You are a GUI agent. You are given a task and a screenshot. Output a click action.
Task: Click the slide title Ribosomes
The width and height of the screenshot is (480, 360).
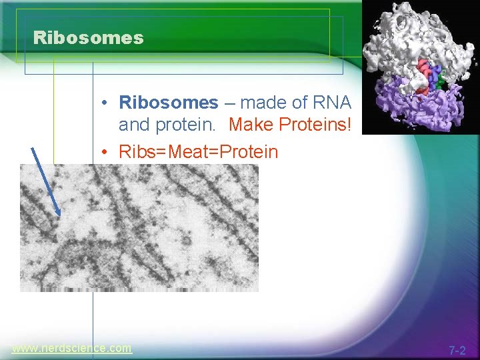pyautogui.click(x=88, y=38)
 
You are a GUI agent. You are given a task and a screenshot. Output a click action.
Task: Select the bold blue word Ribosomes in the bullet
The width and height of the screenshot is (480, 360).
pyautogui.click(x=168, y=103)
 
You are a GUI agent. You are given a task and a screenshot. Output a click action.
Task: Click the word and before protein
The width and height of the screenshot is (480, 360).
pyautogui.click(x=133, y=125)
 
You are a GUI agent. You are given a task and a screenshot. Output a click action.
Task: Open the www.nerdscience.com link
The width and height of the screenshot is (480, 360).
pyautogui.click(x=71, y=348)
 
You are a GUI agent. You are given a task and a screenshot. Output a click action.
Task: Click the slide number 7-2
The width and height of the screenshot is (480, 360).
pyautogui.click(x=457, y=350)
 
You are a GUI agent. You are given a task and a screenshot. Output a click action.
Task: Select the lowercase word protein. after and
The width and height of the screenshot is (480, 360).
pyautogui.click(x=186, y=125)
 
